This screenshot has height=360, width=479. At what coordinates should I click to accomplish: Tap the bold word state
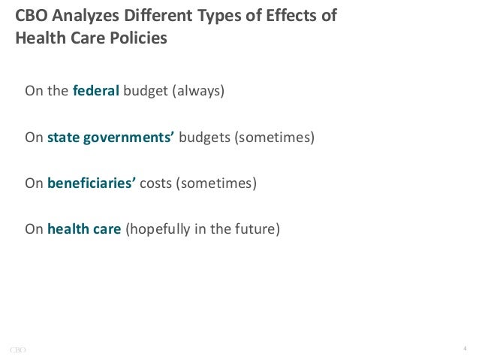pyautogui.click(x=62, y=138)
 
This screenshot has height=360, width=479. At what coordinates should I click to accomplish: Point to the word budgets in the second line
pyautogui.click(x=205, y=138)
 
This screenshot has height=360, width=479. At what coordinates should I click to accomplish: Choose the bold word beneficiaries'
pyautogui.click(x=91, y=183)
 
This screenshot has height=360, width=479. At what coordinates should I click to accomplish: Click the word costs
pyautogui.click(x=156, y=183)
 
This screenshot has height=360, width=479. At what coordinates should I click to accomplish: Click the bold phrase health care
pyautogui.click(x=83, y=228)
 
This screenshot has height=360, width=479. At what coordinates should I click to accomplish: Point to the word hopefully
pyautogui.click(x=159, y=228)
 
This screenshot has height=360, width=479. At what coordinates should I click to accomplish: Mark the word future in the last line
pyautogui.click(x=257, y=228)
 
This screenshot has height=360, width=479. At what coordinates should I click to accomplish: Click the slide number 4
pyautogui.click(x=465, y=347)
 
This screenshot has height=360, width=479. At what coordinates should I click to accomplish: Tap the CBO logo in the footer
pyautogui.click(x=18, y=348)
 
